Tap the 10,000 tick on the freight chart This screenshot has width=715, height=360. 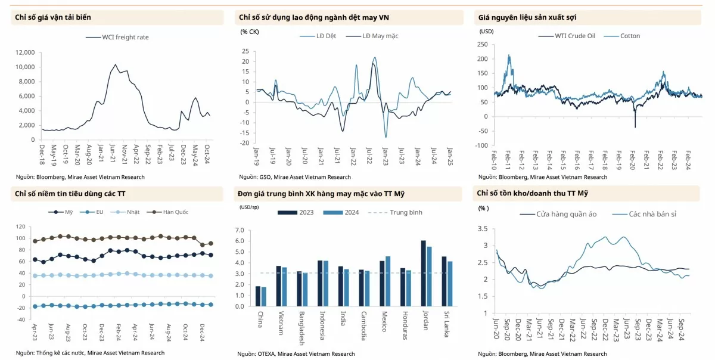click(25, 67)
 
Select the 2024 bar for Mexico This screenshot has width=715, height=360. click(388, 281)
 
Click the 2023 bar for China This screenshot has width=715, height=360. click(257, 296)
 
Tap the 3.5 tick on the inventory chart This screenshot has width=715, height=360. click(483, 228)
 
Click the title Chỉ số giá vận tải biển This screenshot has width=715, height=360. click(53, 17)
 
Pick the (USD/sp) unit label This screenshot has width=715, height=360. click(249, 207)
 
